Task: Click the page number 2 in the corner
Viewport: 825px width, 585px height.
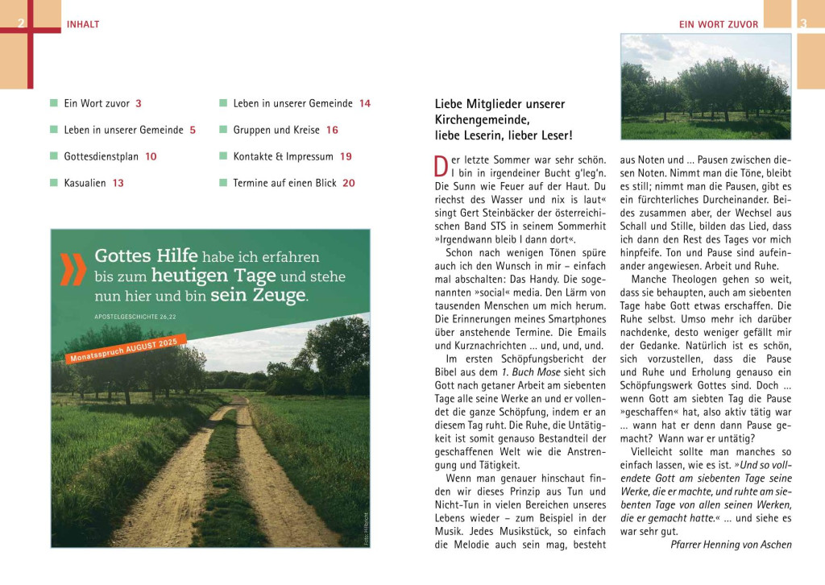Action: click(x=21, y=24)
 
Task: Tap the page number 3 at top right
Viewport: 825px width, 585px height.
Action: click(x=802, y=24)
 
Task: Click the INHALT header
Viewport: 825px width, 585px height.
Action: click(x=83, y=24)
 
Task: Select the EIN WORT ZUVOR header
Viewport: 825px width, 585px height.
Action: click(x=719, y=24)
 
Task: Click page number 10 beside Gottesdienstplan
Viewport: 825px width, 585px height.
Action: click(x=151, y=156)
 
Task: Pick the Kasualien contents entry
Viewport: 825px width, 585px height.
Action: click(x=85, y=183)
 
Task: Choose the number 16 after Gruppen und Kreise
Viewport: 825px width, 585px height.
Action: click(x=332, y=130)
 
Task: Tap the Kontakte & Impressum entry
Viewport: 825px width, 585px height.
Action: click(x=282, y=156)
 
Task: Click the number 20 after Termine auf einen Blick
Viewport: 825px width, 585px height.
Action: click(x=348, y=183)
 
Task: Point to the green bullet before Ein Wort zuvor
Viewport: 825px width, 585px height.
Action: click(x=54, y=103)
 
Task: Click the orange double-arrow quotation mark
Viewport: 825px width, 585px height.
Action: click(x=73, y=269)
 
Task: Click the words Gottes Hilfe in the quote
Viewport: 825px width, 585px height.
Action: click(x=146, y=256)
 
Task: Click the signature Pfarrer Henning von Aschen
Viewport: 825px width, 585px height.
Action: click(x=731, y=545)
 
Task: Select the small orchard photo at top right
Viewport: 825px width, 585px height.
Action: click(x=706, y=86)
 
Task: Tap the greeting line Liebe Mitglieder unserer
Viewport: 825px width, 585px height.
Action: click(x=500, y=104)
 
